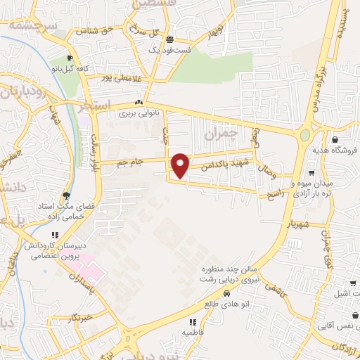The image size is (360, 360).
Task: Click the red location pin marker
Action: (181, 165)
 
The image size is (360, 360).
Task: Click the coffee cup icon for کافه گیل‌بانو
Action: (69, 58)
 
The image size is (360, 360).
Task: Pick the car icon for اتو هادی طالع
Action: (226, 294)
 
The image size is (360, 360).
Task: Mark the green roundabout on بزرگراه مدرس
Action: (305, 135)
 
